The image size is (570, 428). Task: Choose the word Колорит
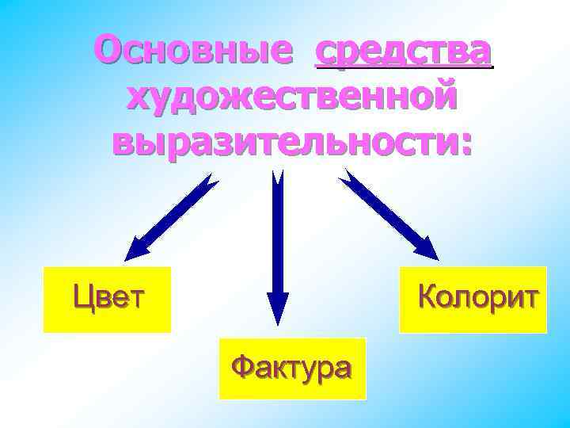(x=478, y=298)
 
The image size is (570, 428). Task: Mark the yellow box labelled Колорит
(x=473, y=317)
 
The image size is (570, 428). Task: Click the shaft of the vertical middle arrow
(x=278, y=238)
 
